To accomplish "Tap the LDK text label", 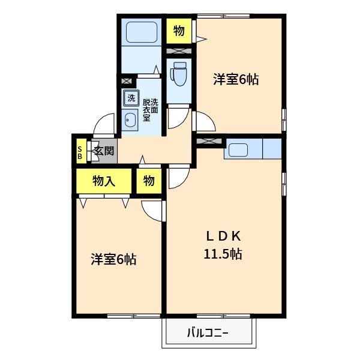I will (x=223, y=235).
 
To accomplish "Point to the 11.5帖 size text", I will (x=223, y=254).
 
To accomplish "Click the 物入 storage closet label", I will (x=104, y=181).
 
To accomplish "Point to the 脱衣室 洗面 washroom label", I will (x=150, y=106).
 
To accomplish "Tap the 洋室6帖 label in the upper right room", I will (x=236, y=79).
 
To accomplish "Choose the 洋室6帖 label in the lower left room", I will (x=113, y=259).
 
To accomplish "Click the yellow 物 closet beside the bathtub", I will (x=179, y=31).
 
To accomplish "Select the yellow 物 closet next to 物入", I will (x=149, y=181).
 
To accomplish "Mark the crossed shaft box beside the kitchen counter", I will (x=208, y=141).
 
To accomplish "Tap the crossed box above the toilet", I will (x=178, y=52).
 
